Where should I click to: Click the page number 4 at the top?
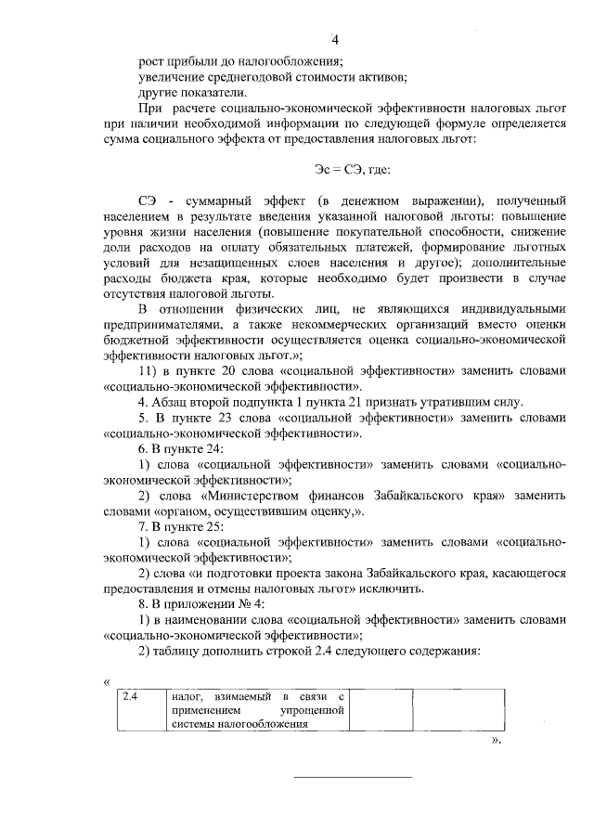tap(336, 39)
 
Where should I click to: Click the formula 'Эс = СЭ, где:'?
tap(353, 169)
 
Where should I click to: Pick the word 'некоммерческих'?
tap(301, 324)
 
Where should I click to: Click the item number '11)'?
tap(151, 370)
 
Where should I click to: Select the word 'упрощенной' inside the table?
tap(316, 710)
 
